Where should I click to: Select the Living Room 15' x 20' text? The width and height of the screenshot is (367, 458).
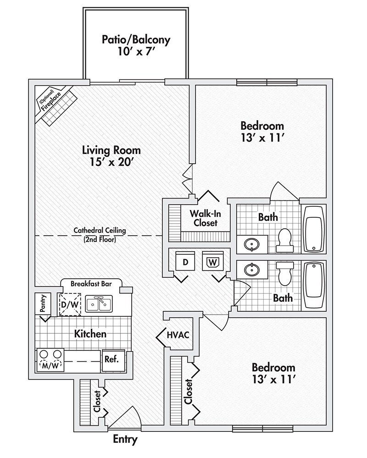coord(111,156)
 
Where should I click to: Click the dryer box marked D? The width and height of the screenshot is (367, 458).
coord(185,263)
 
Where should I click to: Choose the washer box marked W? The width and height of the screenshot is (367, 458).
coord(212,263)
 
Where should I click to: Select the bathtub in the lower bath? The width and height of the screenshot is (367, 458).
coord(314,285)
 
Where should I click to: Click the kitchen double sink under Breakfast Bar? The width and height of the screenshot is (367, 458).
coord(99,304)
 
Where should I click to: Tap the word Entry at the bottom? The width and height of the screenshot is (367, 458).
coord(125,440)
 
